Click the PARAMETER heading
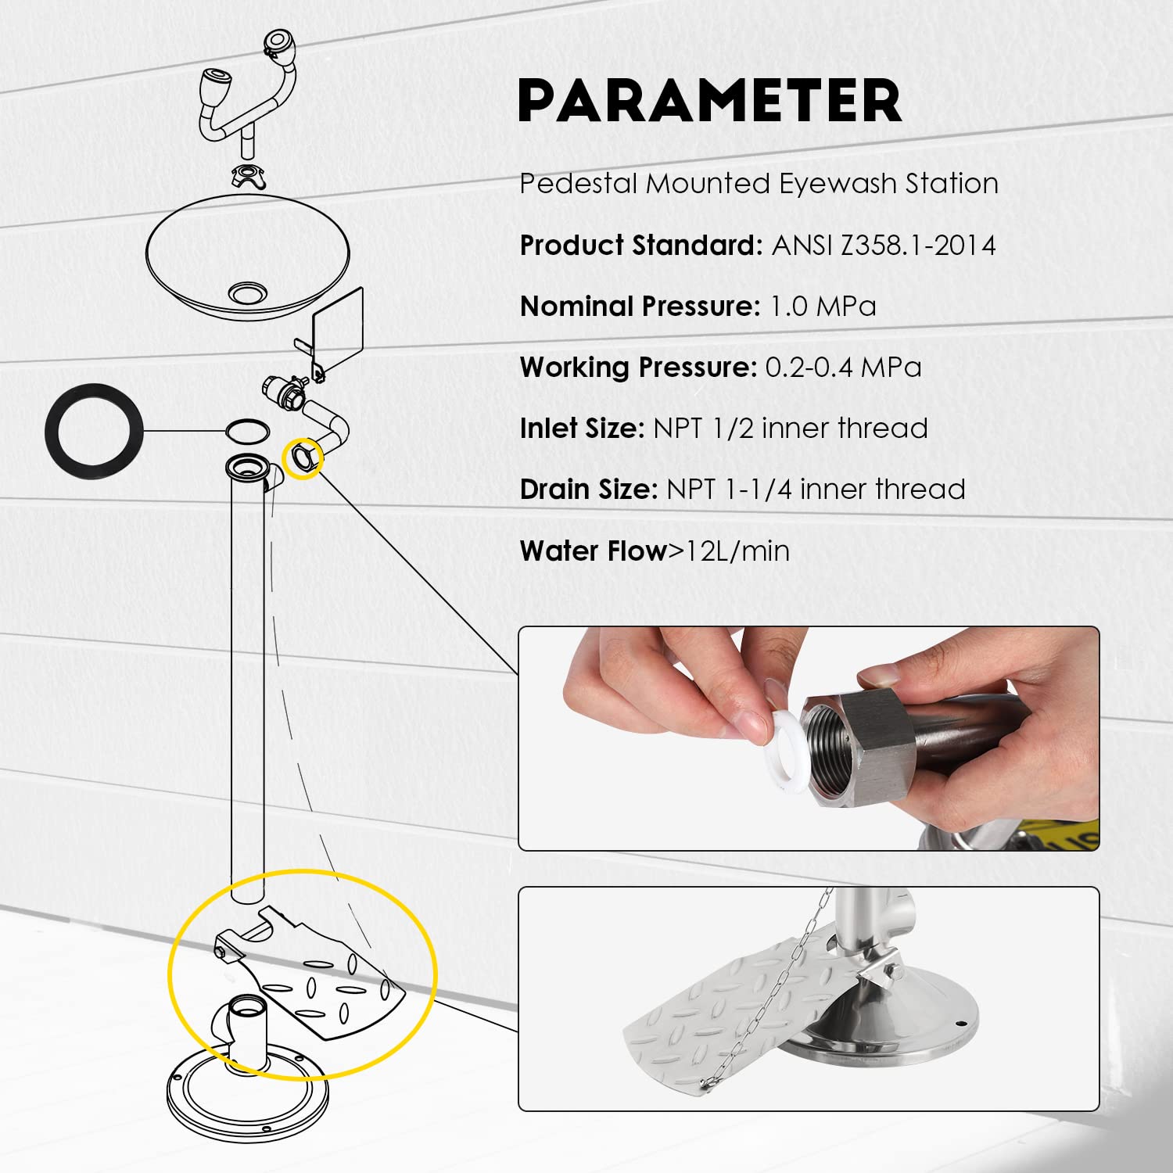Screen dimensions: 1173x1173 tap(710, 100)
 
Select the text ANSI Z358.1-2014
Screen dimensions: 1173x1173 tap(884, 246)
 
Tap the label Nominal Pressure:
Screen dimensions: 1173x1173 tap(640, 306)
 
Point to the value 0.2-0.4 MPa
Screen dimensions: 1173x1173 tap(843, 367)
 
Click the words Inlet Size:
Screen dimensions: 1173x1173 tap(582, 428)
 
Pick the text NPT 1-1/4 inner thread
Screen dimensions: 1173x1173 tap(816, 490)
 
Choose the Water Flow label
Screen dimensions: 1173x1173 tap(594, 551)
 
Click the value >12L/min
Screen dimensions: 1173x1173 tap(729, 551)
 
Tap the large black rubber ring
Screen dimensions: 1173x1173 tap(52, 429)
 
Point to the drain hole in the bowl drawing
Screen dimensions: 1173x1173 tap(248, 293)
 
